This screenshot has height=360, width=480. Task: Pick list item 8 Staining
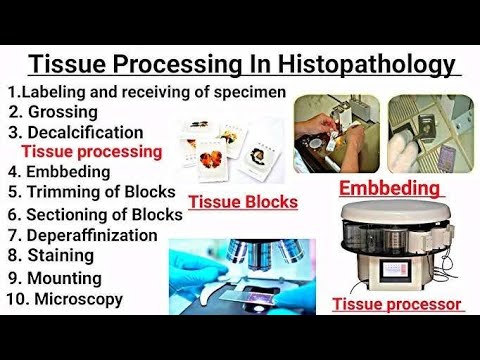click(x=55, y=256)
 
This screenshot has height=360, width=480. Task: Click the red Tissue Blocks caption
click(x=243, y=202)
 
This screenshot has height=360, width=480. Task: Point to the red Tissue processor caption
click(x=396, y=303)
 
